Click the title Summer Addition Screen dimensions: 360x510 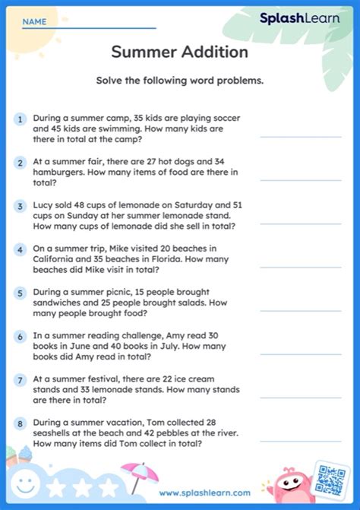pos(179,52)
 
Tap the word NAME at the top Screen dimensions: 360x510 pos(33,22)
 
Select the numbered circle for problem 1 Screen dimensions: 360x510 pos(19,119)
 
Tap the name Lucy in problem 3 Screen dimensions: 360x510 pos(43,205)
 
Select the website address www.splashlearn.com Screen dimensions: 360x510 pos(204,493)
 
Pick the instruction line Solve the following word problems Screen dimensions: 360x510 pos(179,81)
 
